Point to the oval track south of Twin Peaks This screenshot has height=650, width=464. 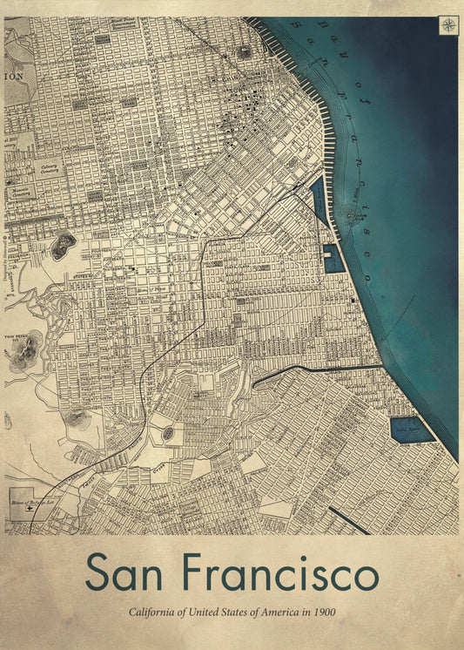click(x=167, y=433)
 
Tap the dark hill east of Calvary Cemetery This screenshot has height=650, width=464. click(x=64, y=246)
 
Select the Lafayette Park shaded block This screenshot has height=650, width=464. click(x=130, y=101)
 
